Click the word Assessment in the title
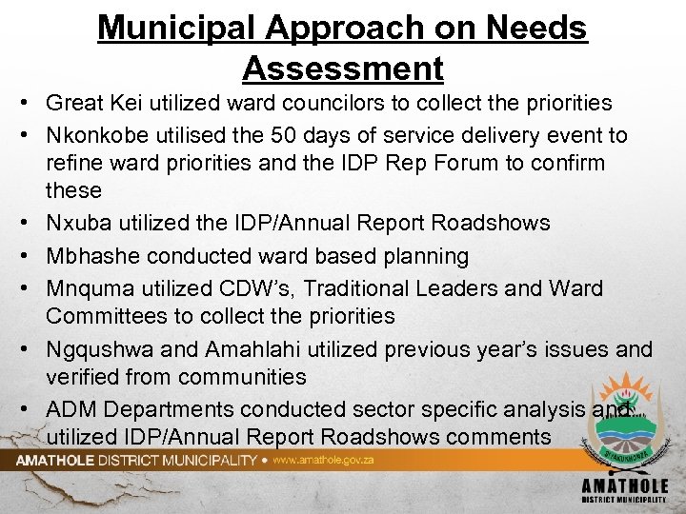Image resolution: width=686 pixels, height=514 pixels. click(343, 69)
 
